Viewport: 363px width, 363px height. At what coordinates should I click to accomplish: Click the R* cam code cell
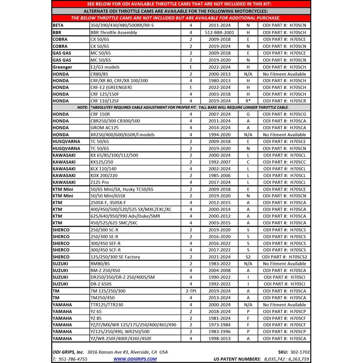pos(248,100)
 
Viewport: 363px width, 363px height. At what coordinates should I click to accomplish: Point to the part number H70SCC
pos(284,162)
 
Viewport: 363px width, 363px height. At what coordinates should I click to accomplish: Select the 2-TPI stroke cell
pos(191,291)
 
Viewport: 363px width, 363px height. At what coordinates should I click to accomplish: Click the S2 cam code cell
pos(248,257)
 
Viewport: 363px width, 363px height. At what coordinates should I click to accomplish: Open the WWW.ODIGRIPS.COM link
pos(135,358)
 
